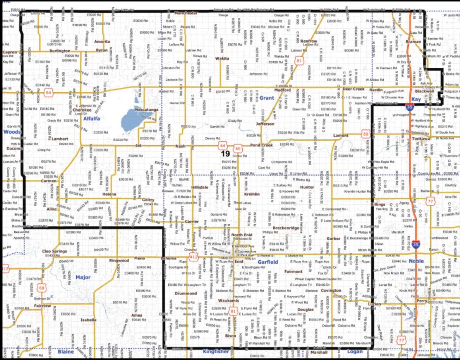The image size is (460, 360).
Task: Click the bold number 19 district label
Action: click(225, 154)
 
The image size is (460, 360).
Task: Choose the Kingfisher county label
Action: click(216, 351)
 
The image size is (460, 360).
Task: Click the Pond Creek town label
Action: click(261, 145)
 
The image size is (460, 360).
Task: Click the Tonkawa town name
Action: click(422, 139)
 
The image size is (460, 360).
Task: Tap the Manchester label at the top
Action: click(186, 13)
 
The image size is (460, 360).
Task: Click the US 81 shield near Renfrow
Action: click(298, 60)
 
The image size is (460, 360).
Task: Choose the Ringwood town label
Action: click(119, 260)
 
